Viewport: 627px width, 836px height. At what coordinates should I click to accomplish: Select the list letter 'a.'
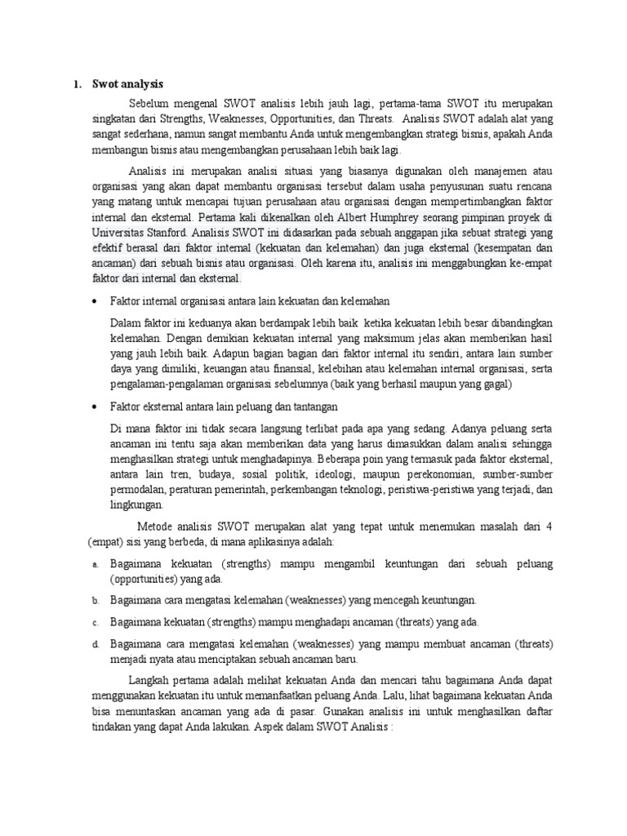pyautogui.click(x=95, y=564)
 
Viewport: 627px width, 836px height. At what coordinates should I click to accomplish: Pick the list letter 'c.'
pyautogui.click(x=95, y=622)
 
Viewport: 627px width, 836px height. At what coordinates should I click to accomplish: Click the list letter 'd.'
pyautogui.click(x=95, y=645)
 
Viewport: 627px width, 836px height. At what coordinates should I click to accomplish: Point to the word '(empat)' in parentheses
pyautogui.click(x=104, y=541)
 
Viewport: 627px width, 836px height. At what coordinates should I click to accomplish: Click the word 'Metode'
pyautogui.click(x=155, y=527)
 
